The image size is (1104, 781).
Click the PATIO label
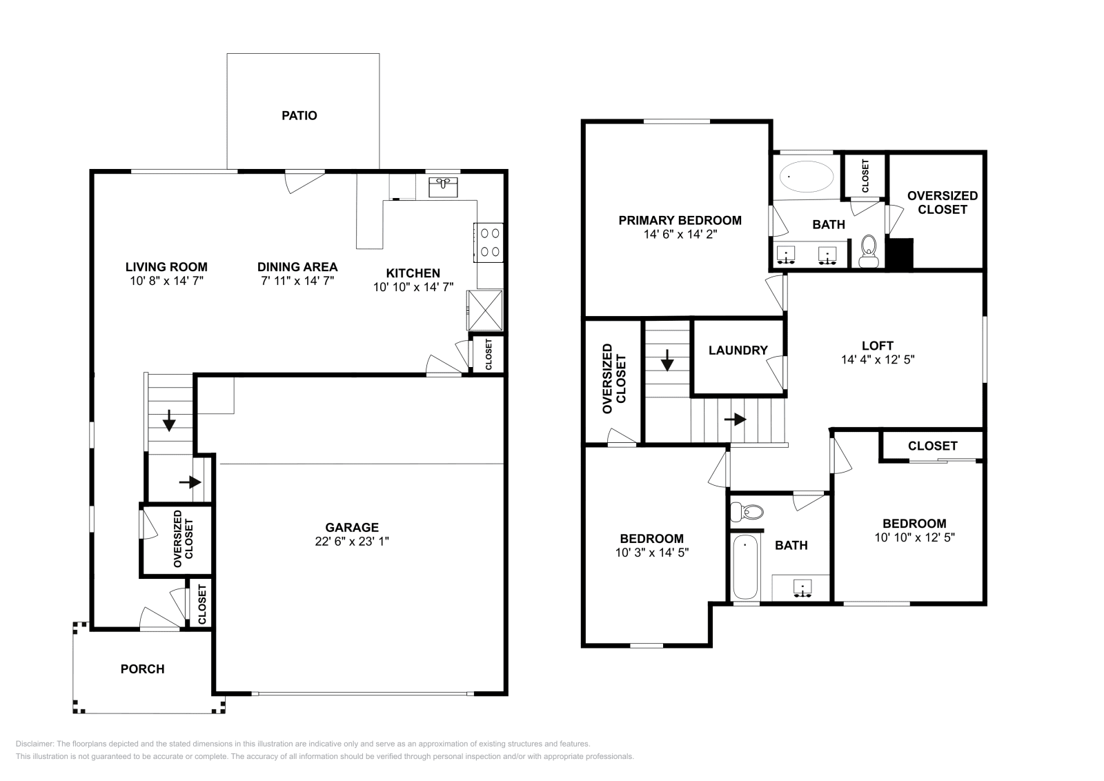pos(299,116)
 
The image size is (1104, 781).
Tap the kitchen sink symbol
pos(443,186)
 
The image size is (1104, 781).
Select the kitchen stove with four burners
pos(489,243)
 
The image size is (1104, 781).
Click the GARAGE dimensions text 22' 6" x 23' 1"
pos(352,542)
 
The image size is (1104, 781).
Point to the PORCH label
pos(142,669)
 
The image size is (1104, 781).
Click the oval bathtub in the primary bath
pos(806,177)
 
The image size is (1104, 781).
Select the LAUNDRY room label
pos(738,350)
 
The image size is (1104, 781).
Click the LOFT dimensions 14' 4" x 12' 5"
pos(878,359)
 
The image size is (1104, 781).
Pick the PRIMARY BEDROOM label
pos(680,221)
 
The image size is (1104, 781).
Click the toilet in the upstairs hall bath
pos(748,512)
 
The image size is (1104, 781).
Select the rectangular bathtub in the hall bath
pos(745,566)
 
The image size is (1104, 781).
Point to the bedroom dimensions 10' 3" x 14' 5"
pos(651,553)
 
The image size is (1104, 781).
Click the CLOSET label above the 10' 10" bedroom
pos(932,446)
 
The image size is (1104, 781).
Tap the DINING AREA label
pos(297,267)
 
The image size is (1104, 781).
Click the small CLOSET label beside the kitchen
pos(489,355)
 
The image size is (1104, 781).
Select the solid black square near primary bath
pos(900,254)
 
